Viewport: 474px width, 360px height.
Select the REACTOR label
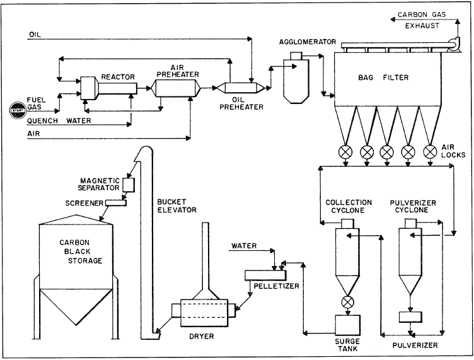coord(122,76)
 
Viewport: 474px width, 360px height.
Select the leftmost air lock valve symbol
coord(345,151)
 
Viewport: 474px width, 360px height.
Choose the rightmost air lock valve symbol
coord(431,151)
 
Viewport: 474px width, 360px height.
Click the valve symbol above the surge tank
coord(346,301)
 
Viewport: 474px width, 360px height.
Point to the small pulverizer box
coord(410,316)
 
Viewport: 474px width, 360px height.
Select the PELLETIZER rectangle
coord(263,275)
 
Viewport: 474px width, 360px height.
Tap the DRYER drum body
coord(202,311)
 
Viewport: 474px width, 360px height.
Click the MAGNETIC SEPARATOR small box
coord(129,184)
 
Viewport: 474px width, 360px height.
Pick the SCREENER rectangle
coord(115,202)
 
